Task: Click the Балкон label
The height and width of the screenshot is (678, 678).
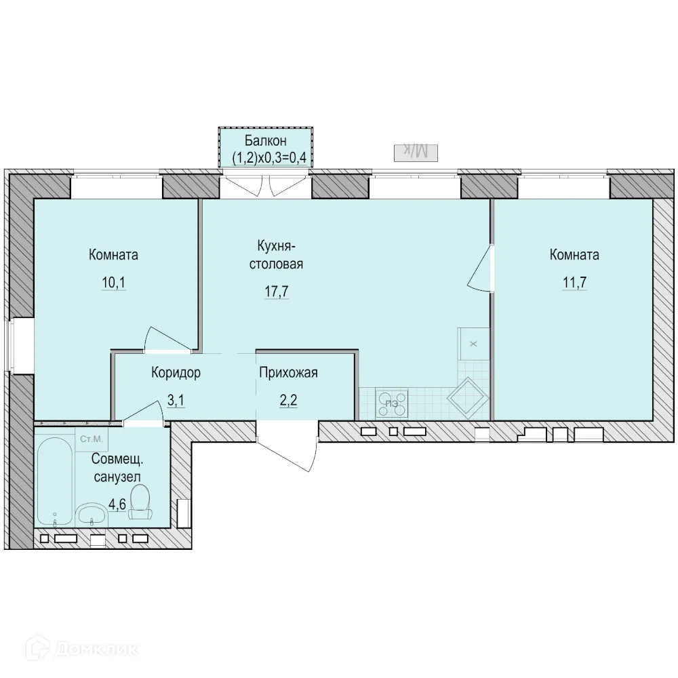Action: coord(266,142)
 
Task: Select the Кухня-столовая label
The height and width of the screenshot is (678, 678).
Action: coord(275,254)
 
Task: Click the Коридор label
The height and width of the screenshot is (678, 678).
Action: coord(176,372)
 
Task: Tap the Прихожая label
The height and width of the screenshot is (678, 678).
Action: coord(288,372)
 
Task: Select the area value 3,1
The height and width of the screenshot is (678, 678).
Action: coord(176,400)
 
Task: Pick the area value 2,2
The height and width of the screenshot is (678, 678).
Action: coord(288,400)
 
